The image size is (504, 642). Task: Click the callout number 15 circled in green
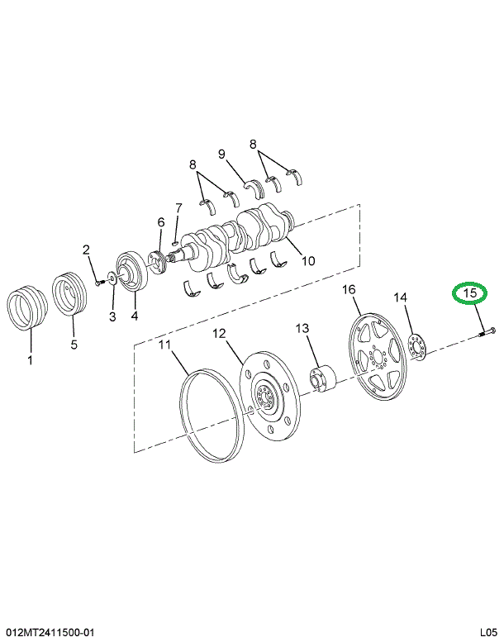tap(469, 293)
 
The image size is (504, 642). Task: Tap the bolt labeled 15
tap(485, 332)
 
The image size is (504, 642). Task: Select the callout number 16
tap(349, 289)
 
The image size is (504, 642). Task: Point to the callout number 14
tap(400, 297)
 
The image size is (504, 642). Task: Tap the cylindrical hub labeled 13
tap(321, 378)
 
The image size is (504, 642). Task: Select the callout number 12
tap(219, 334)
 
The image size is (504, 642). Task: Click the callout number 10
tap(307, 262)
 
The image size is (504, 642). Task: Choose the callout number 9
tap(222, 154)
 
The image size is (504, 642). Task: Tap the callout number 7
tap(178, 207)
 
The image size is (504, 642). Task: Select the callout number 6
tap(161, 221)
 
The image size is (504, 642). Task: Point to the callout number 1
tap(31, 359)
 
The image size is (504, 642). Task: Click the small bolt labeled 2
tap(98, 282)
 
